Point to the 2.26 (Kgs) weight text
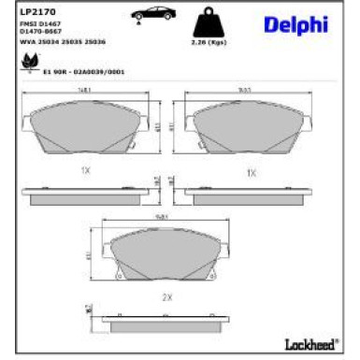(211, 42)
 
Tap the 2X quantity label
(167, 296)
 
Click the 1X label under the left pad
(85, 171)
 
